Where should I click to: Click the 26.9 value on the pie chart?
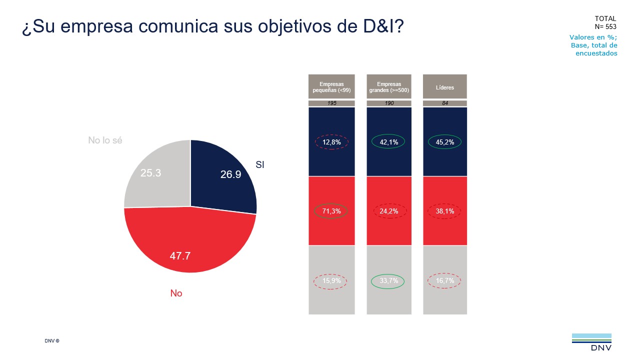230,174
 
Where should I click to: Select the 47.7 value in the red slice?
180,256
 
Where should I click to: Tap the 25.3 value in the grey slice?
150,173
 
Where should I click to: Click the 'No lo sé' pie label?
105,140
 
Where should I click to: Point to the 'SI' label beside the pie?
259,164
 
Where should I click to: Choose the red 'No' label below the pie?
176,293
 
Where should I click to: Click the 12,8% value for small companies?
331,142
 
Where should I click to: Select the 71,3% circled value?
331,211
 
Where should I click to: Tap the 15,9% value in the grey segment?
331,281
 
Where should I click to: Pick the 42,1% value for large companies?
388,142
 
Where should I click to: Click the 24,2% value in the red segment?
388,211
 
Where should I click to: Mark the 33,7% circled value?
388,281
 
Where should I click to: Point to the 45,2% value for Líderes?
445,142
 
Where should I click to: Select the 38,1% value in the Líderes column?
445,211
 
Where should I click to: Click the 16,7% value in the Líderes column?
445,281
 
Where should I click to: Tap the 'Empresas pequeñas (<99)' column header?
331,87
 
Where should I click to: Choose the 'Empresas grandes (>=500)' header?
388,87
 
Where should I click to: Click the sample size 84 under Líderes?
445,103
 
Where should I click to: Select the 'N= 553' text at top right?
605,26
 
